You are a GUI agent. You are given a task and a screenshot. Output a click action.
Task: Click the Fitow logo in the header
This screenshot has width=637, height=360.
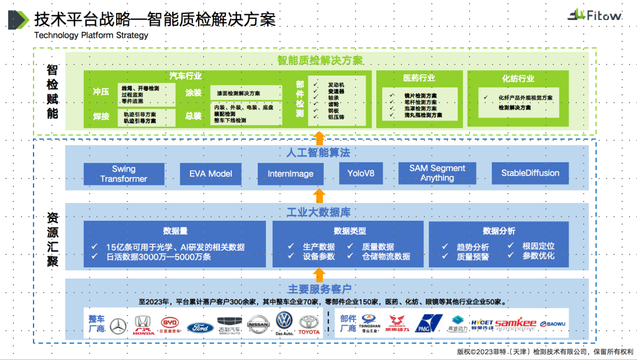click(595, 15)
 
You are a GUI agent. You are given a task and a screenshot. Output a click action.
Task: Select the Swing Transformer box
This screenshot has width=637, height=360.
click(123, 174)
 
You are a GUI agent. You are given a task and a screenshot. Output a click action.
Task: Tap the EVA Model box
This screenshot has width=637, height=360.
click(211, 174)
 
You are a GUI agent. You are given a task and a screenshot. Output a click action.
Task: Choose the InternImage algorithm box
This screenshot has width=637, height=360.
click(291, 174)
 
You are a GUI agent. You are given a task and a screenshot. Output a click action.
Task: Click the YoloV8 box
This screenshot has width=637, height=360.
click(361, 174)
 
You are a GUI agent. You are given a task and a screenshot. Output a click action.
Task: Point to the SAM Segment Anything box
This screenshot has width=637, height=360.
click(437, 173)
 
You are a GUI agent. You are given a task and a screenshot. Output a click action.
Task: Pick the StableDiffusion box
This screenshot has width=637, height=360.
click(530, 174)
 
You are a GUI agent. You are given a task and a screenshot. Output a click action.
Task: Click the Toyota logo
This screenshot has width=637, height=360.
click(308, 323)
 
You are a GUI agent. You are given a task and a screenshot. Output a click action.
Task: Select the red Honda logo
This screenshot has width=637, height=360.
click(143, 325)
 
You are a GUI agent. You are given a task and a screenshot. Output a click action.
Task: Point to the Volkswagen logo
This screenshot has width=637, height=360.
click(284, 322)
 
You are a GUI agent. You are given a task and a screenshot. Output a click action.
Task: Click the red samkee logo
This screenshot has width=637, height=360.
click(515, 324)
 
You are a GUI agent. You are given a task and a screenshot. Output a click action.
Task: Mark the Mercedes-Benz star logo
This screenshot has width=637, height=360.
click(118, 325)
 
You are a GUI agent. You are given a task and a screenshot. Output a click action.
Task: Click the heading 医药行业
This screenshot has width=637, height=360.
click(419, 78)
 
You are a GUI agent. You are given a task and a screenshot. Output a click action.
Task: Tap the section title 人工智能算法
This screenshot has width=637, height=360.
click(318, 153)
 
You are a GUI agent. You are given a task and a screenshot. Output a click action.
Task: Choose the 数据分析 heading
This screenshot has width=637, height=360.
click(498, 231)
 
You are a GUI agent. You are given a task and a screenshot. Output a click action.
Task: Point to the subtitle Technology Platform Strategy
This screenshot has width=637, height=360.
click(91, 35)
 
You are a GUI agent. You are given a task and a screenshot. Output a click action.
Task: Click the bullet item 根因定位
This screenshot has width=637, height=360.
click(538, 246)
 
